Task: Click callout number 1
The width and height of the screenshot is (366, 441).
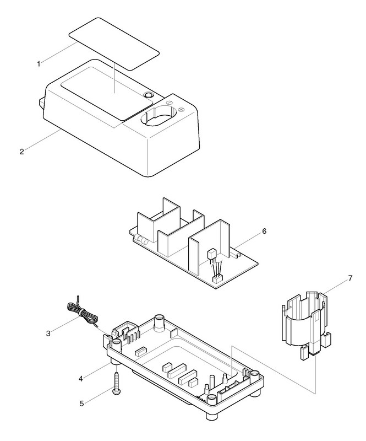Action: pos(39,64)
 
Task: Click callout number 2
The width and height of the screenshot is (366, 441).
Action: pos(22,151)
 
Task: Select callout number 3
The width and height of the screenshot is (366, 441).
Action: pos(48,334)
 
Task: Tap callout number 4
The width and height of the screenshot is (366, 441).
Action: pos(80,379)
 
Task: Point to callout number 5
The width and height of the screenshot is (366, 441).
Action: pos(82,404)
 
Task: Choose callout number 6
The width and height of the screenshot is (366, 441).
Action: pos(264,231)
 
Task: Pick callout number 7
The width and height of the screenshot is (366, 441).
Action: pos(350,278)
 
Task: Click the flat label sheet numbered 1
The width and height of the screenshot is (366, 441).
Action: pos(114,44)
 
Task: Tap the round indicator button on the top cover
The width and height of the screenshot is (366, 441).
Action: pos(148,95)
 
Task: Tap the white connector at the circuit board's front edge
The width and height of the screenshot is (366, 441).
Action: pos(216,279)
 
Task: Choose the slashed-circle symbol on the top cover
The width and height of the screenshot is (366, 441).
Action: pos(169,103)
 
